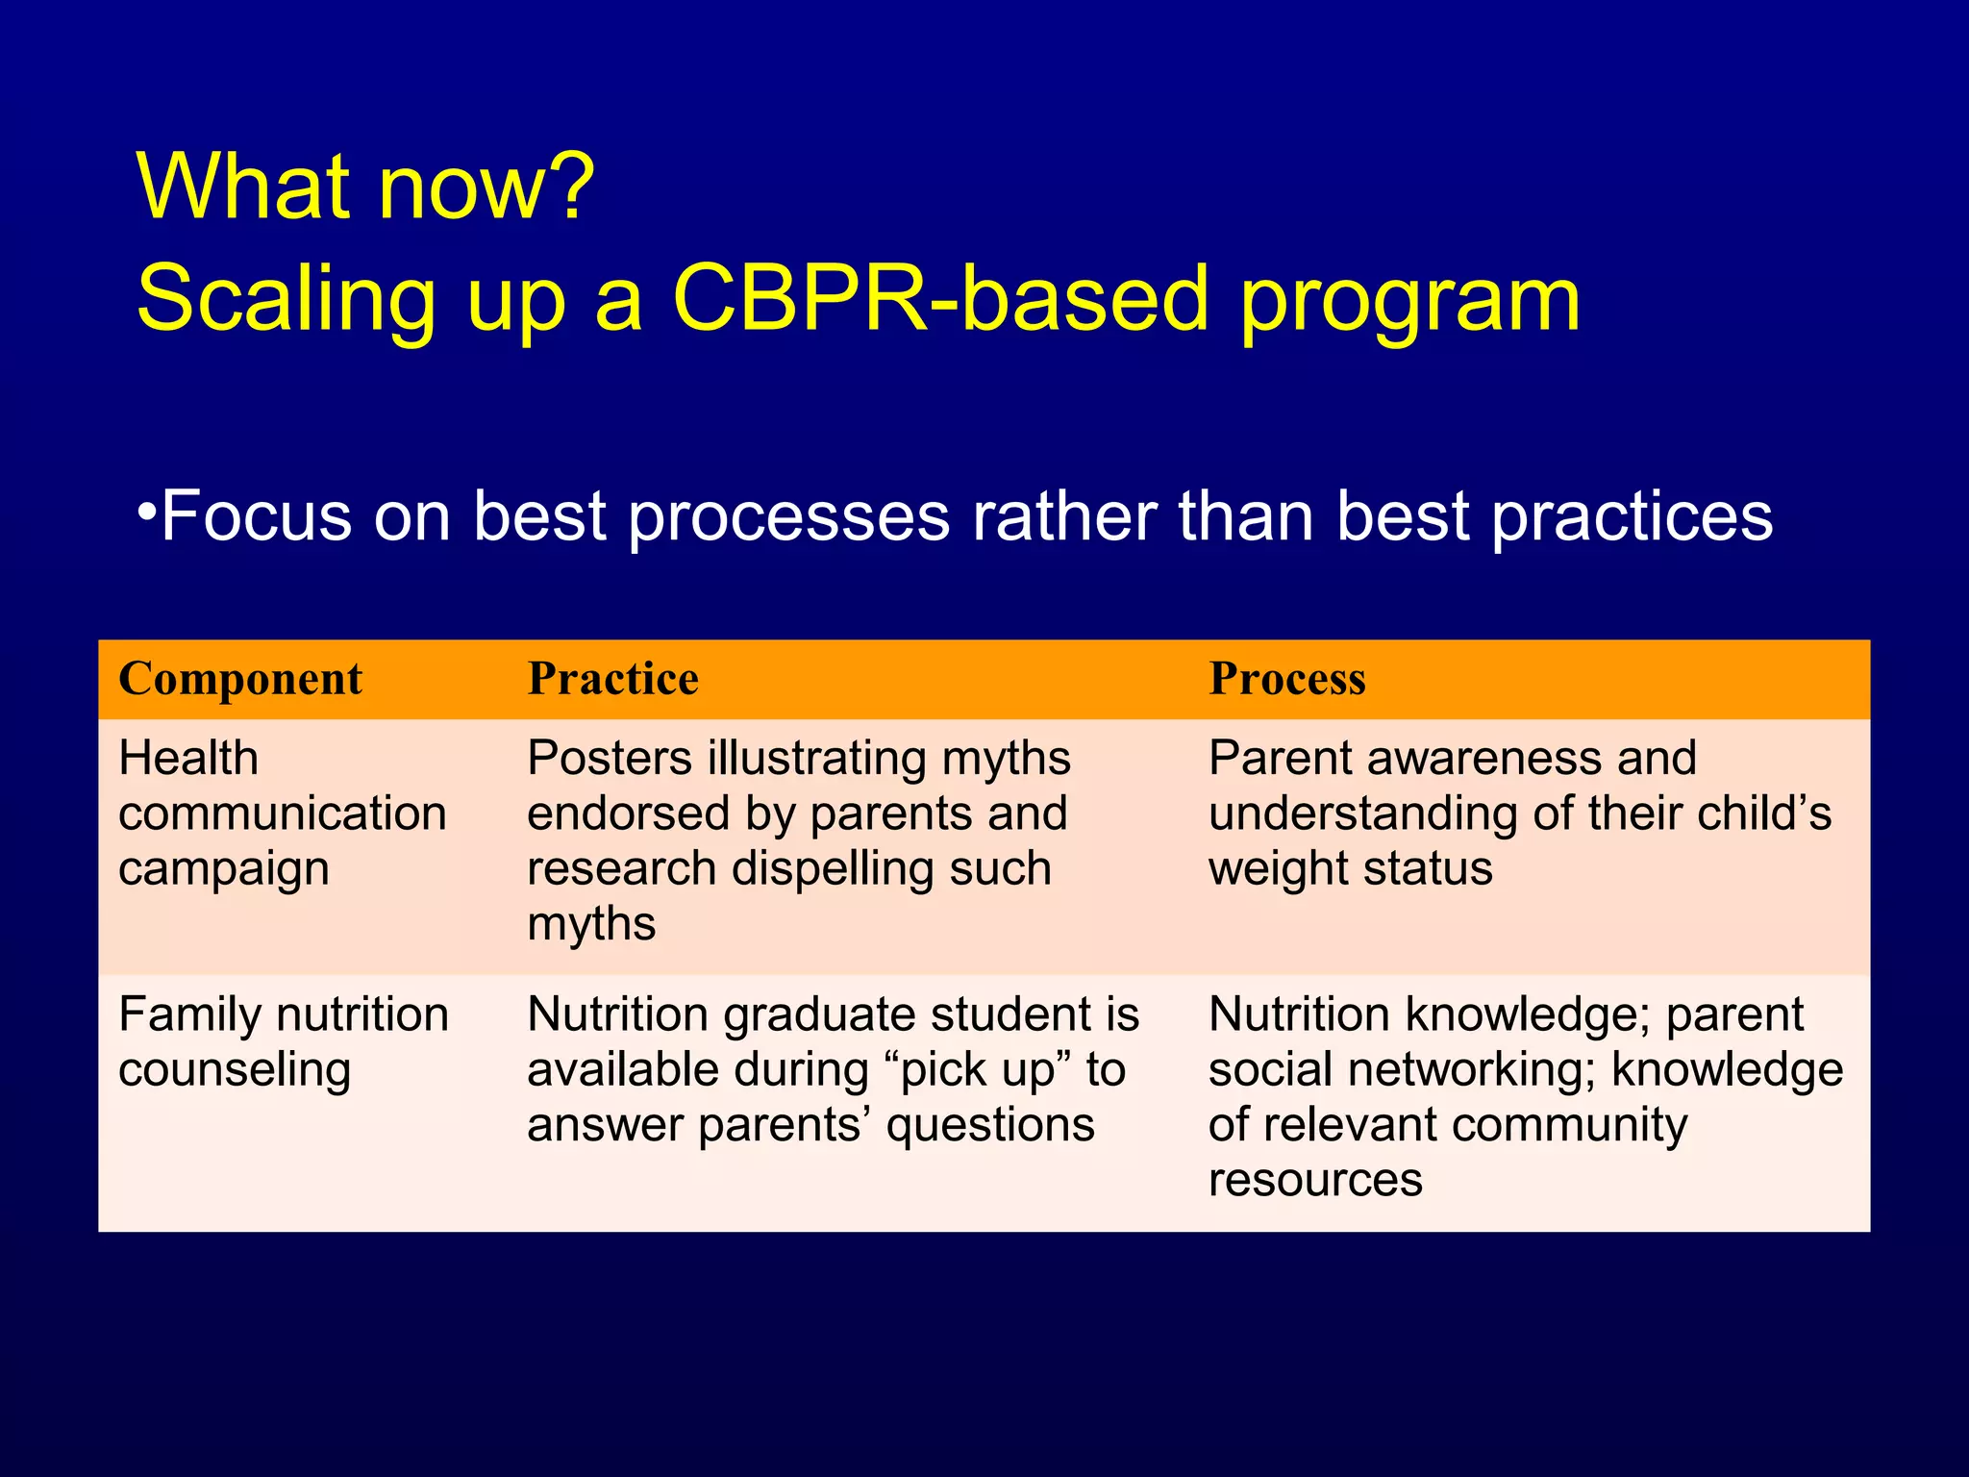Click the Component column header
[x=240, y=679]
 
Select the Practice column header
[x=613, y=679]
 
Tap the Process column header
[x=1286, y=679]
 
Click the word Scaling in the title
[x=287, y=301]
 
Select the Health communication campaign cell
[x=282, y=814]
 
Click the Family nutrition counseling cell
[x=283, y=1042]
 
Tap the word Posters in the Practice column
[x=610, y=759]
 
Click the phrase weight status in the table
[x=1350, y=868]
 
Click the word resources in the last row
[x=1314, y=1180]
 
